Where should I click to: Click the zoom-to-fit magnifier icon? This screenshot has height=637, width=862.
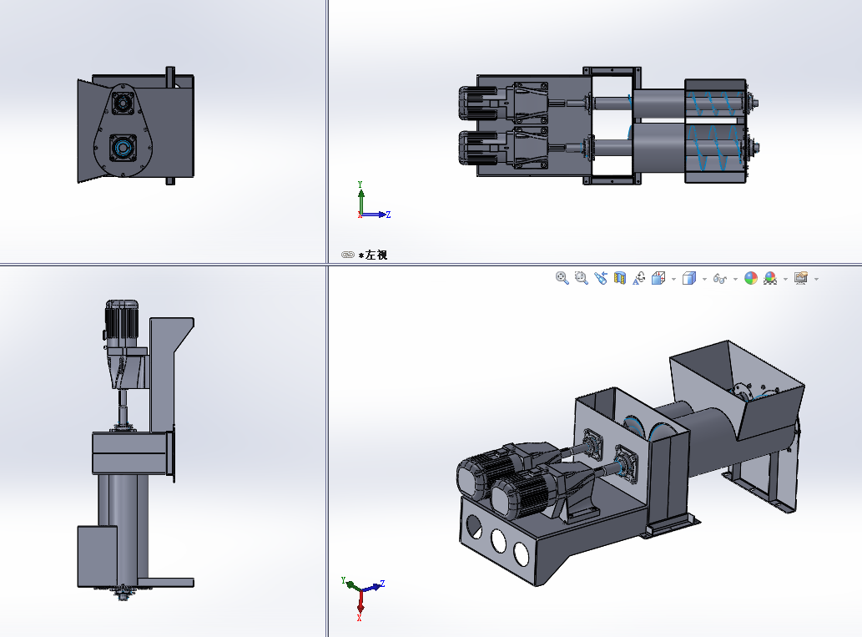[x=562, y=278]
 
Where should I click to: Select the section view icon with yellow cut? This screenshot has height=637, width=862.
[x=619, y=278]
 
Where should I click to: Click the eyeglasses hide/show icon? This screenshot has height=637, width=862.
[x=719, y=279]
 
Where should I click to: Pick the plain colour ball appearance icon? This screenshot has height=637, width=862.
[x=750, y=278]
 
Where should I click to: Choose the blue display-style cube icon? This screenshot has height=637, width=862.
[x=688, y=278]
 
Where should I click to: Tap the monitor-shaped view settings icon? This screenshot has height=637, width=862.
[x=801, y=278]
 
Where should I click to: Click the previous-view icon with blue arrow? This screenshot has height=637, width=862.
[x=600, y=278]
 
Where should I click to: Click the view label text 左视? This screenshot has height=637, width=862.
[x=376, y=255]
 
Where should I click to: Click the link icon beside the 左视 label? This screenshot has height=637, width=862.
[x=347, y=255]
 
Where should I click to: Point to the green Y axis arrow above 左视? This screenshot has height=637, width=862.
[x=360, y=198]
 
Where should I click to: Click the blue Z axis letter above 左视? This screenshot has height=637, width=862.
[x=388, y=215]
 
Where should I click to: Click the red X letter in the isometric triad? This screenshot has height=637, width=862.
[x=359, y=619]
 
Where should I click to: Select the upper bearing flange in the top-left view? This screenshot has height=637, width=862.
[x=122, y=103]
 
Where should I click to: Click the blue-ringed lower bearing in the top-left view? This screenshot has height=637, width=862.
[x=122, y=148]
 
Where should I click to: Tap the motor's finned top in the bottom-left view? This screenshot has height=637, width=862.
[x=122, y=319]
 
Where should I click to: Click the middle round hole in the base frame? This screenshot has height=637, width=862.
[x=499, y=540]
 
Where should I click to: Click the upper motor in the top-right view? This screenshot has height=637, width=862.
[x=478, y=104]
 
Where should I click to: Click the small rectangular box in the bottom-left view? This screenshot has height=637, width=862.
[x=98, y=556]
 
